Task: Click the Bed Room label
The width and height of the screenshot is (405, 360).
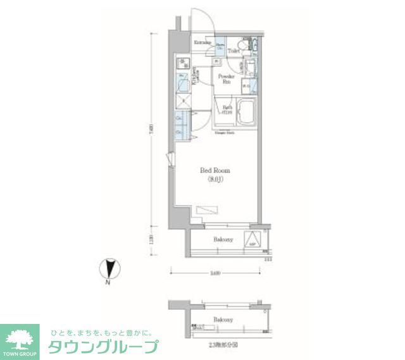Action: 215,171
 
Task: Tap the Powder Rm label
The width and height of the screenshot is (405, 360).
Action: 225,78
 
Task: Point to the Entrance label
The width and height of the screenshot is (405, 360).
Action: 202,42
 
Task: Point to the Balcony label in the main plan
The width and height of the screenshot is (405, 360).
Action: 222,240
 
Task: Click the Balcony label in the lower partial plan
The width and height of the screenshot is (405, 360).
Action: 223,320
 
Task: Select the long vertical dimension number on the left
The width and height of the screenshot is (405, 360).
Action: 152,130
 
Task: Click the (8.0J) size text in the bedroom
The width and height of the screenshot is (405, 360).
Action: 215,179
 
